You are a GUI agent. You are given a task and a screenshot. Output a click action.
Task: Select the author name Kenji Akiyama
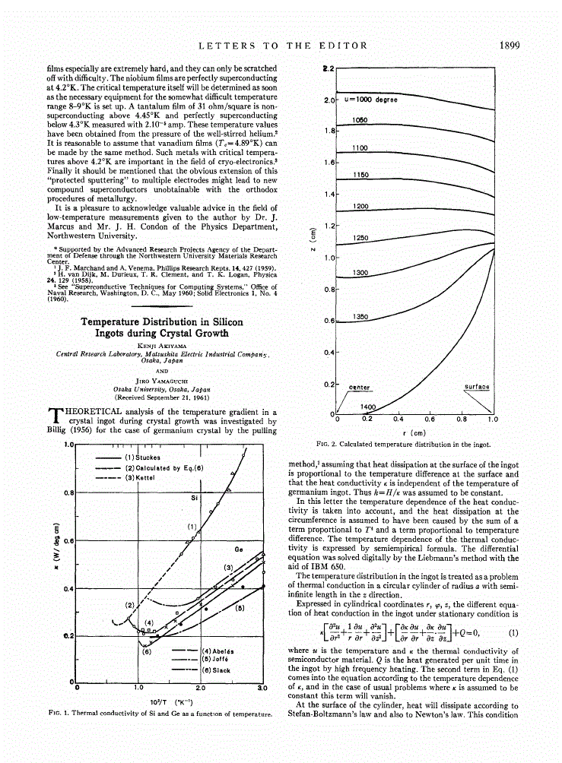pos(162,346)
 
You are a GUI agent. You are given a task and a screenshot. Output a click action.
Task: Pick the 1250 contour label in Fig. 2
pos(361,238)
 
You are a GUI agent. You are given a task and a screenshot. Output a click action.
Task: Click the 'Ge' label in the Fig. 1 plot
pos(238,548)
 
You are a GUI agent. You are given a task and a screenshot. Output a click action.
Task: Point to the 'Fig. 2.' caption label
pos(326,444)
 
